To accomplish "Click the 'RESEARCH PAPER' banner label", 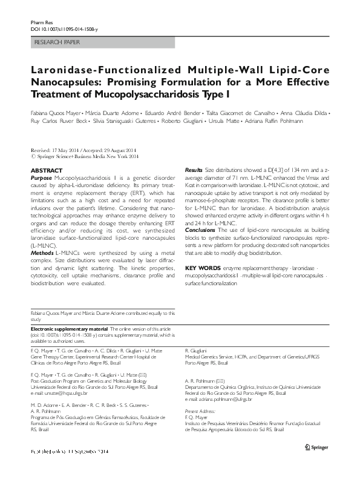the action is [54, 42].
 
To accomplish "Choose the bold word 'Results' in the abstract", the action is [193, 171].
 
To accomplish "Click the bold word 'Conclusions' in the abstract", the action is [200, 247].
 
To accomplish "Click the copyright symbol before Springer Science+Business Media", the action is [33, 156].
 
